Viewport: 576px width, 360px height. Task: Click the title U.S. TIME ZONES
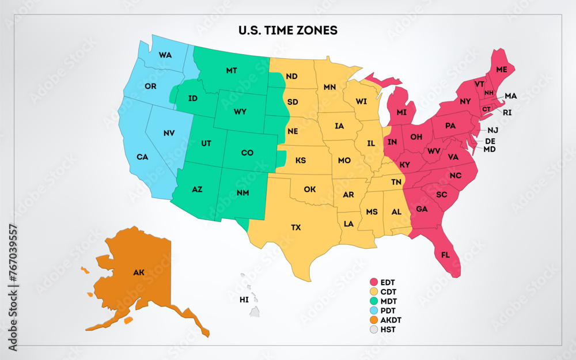click(x=288, y=30)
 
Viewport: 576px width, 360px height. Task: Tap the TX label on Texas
click(x=295, y=228)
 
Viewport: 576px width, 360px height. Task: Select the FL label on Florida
click(x=446, y=255)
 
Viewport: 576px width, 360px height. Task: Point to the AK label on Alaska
click(x=139, y=272)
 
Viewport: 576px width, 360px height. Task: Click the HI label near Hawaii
click(x=244, y=300)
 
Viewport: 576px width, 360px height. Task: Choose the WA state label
click(x=165, y=55)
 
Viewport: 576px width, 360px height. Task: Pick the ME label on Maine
click(x=502, y=69)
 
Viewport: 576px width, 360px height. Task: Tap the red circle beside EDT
click(x=373, y=282)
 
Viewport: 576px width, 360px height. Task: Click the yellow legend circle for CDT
click(x=373, y=292)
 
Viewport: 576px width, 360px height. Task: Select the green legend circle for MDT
click(x=373, y=301)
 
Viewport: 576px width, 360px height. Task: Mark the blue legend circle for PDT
click(x=373, y=310)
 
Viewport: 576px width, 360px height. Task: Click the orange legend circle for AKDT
click(x=373, y=320)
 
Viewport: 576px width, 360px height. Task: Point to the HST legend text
click(x=388, y=330)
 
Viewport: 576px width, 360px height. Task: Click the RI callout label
click(x=507, y=112)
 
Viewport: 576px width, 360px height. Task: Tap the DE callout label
click(x=490, y=141)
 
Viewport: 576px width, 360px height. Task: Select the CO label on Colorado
click(x=247, y=153)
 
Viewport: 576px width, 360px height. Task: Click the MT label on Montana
click(x=232, y=70)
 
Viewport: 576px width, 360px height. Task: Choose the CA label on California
click(x=142, y=157)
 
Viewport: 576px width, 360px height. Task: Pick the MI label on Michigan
click(x=401, y=112)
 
